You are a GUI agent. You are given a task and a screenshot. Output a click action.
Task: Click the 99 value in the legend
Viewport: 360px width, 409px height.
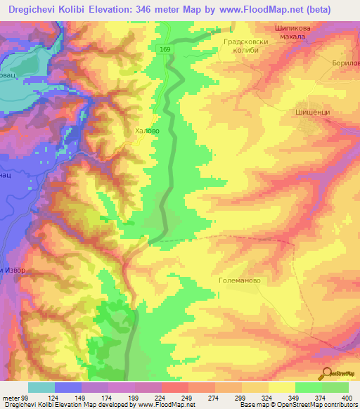click(x=25, y=398)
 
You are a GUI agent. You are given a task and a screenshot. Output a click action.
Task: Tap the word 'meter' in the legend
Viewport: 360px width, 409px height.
click(x=11, y=398)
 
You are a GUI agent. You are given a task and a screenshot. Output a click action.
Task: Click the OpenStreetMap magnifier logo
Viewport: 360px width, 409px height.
click(x=327, y=372)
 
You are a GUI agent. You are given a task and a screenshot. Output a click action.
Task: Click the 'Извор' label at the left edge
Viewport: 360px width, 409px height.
click(x=10, y=271)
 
